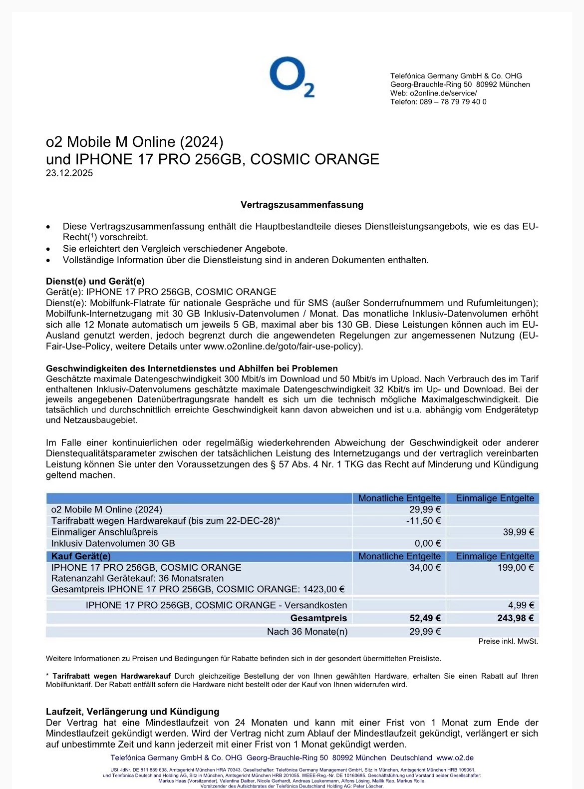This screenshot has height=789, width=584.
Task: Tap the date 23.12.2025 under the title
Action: click(69, 173)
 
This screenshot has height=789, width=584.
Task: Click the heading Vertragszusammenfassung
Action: click(301, 205)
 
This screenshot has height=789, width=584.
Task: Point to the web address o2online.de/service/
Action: click(443, 93)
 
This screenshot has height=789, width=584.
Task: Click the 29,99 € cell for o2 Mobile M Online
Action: click(424, 509)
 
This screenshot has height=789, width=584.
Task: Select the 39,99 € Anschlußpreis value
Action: click(518, 532)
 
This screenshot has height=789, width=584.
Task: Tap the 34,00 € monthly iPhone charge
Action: click(425, 568)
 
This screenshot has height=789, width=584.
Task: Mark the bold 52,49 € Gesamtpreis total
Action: click(425, 618)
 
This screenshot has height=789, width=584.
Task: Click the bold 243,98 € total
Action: click(515, 618)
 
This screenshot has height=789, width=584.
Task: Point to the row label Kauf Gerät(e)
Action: click(81, 556)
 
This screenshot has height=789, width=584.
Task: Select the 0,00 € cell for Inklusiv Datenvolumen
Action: click(428, 544)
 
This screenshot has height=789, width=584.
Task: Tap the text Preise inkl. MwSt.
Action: click(508, 641)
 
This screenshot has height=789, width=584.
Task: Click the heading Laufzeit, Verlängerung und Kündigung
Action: click(132, 712)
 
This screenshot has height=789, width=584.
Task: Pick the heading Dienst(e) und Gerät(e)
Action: click(95, 281)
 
